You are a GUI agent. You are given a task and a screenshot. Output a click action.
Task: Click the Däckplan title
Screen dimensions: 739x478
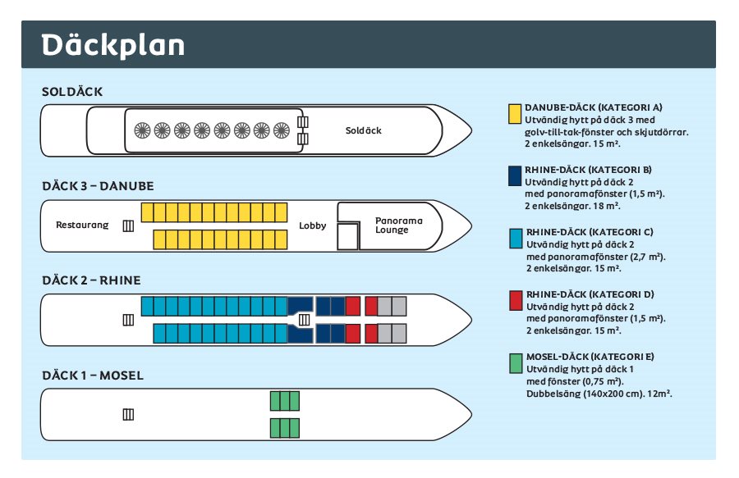point(112,45)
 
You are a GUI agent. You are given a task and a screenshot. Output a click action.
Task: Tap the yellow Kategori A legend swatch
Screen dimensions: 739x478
point(515,114)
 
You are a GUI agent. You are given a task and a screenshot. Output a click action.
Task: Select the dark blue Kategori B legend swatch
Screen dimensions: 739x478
point(515,176)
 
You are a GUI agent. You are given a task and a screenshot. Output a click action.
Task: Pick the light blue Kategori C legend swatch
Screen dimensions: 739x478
point(516,239)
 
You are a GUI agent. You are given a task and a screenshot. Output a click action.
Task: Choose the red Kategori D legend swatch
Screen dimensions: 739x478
point(516,301)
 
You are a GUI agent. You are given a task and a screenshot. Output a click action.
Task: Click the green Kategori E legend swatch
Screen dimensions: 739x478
point(516,364)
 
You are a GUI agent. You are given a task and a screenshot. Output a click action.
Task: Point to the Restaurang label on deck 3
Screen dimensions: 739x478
point(82,225)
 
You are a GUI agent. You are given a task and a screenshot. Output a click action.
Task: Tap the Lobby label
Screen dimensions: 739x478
point(313,225)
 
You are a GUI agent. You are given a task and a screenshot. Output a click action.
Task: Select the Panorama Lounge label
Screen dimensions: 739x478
point(399,225)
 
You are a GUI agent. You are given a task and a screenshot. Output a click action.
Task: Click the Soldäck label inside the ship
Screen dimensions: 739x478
point(364,130)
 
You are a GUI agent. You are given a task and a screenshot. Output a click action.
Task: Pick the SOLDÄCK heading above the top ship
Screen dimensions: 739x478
point(72,91)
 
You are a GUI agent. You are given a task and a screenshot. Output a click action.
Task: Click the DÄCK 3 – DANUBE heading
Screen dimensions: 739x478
point(98,186)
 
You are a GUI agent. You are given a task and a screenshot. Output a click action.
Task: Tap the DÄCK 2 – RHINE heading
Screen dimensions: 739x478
point(91,280)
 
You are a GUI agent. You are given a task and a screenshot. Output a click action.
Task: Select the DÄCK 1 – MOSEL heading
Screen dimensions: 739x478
point(93,376)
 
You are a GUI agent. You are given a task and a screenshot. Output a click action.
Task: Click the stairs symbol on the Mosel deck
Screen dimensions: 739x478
point(128,415)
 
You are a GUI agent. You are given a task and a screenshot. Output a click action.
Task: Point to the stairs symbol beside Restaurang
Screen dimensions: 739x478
point(128,225)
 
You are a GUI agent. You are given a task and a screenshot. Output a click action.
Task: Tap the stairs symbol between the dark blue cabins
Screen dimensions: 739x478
point(305,320)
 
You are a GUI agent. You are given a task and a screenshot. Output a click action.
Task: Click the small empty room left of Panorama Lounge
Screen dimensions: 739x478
point(348,237)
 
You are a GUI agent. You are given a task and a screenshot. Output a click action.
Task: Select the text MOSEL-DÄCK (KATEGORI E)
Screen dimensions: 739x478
point(590,357)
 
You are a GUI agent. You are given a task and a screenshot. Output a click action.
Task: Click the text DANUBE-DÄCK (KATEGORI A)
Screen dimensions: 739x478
point(594,107)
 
